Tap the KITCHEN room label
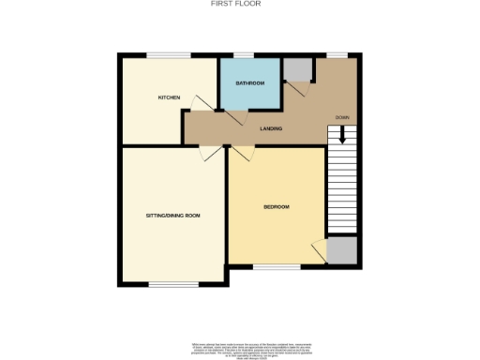click(x=169, y=97)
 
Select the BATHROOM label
click(x=249, y=83)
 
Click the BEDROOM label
click(x=276, y=206)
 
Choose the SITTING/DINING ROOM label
click(x=172, y=216)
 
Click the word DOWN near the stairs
click(x=341, y=117)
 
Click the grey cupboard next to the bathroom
click(x=297, y=70)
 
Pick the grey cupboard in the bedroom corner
click(x=341, y=250)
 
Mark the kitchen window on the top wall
click(x=169, y=55)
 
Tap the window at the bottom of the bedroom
click(x=277, y=265)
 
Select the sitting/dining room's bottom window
click(x=173, y=283)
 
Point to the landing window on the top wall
click(x=335, y=55)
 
